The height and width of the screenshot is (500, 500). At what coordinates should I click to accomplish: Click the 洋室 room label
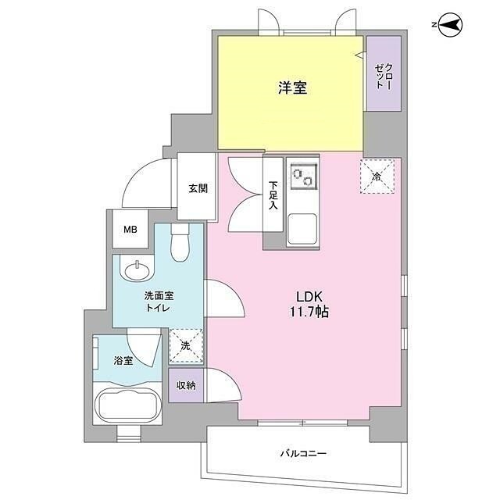291,87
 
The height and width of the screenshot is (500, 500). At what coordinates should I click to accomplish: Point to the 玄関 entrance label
198,188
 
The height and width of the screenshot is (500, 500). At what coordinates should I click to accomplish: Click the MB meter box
130,230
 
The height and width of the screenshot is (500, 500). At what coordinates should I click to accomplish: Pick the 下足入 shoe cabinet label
273,195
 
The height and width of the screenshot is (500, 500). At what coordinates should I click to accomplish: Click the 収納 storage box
185,384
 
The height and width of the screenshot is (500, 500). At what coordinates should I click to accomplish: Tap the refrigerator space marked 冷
377,177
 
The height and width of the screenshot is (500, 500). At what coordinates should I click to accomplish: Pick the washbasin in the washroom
137,270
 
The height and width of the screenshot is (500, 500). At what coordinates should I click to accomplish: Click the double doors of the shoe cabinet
245,195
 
